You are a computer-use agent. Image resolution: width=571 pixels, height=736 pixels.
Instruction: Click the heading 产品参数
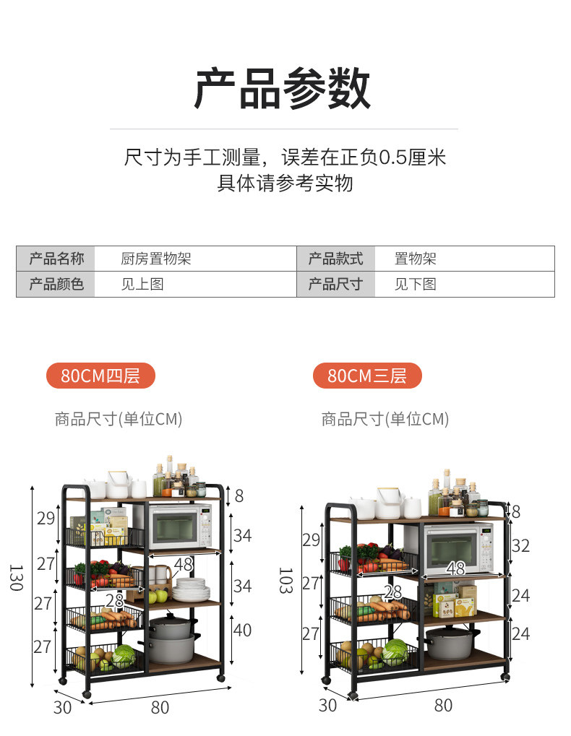coord(283,89)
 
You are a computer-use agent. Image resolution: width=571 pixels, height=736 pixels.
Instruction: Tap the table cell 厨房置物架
coord(155,259)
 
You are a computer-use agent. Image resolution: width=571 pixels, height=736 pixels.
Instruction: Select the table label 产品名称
coord(56,259)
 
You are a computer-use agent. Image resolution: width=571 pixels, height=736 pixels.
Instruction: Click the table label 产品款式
coord(335,259)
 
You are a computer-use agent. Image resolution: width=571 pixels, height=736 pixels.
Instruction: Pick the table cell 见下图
coord(415,284)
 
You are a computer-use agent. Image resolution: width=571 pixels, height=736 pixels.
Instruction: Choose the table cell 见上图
coord(142,284)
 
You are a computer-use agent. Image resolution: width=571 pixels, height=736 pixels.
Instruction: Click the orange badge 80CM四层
coord(100,376)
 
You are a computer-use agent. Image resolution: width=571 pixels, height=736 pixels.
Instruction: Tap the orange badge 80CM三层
coord(366,376)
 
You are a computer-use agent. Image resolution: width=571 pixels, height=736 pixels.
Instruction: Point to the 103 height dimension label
coord(285,580)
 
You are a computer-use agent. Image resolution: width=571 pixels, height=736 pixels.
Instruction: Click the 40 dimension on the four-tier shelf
coord(242,631)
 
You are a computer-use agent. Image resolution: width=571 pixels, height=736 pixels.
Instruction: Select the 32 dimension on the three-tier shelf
coord(520,546)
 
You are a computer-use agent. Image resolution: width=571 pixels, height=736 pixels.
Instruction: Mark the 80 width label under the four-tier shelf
coord(160,708)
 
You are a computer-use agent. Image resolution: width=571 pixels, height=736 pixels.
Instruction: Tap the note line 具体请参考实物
coord(285,183)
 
